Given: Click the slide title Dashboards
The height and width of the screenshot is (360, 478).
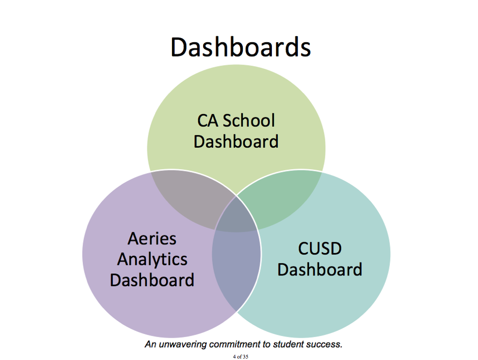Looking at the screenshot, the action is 240,47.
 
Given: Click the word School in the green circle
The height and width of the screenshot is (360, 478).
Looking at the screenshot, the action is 249,121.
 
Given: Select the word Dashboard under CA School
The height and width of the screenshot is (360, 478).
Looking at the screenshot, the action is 236,141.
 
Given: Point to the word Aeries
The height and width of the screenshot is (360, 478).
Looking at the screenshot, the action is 152,238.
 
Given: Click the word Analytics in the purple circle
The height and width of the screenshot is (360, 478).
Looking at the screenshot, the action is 152,259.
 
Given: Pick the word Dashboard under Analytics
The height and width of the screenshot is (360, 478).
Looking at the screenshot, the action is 152,280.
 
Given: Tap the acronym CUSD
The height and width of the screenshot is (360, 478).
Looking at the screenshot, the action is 319,249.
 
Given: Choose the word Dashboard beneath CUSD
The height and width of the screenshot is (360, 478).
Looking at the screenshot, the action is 319,269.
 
